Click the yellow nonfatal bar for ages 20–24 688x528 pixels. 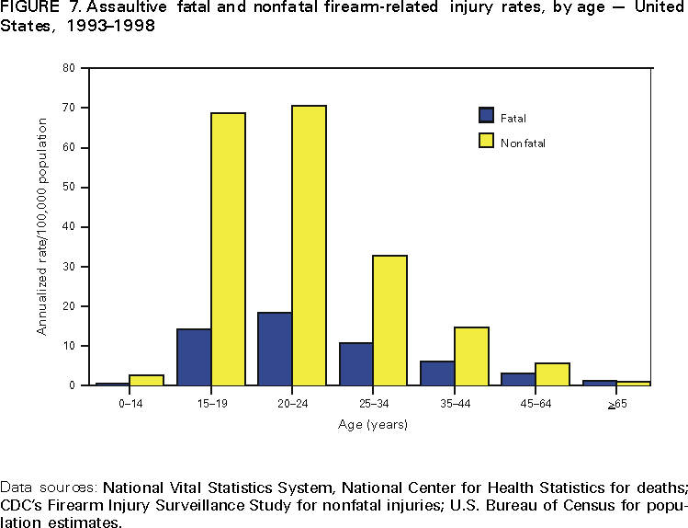click(x=309, y=246)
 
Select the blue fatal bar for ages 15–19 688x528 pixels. click(x=194, y=357)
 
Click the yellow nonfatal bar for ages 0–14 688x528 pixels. click(x=146, y=380)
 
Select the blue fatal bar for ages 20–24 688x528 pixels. click(x=275, y=349)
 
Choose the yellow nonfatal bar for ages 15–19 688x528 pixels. click(x=228, y=249)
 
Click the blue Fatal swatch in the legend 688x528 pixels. click(x=487, y=116)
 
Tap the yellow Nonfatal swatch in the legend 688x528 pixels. click(x=487, y=141)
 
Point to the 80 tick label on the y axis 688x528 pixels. click(x=69, y=68)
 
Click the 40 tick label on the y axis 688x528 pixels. click(x=69, y=227)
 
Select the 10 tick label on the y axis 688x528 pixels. click(x=69, y=346)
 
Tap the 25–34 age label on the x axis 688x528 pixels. click(x=372, y=403)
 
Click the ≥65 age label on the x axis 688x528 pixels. click(x=616, y=403)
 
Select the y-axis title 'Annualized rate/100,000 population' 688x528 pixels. click(x=41, y=227)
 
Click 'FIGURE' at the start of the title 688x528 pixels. click(x=28, y=9)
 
